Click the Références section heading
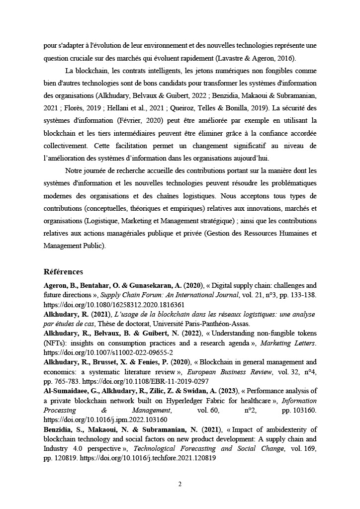click(x=63, y=272)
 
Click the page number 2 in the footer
click(x=180, y=484)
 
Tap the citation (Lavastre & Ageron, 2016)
click(x=254, y=58)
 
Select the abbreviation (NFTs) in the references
click(x=54, y=343)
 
